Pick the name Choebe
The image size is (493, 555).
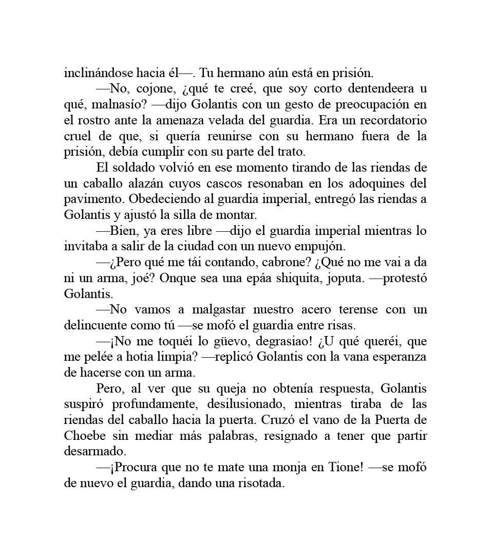pos(85,436)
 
